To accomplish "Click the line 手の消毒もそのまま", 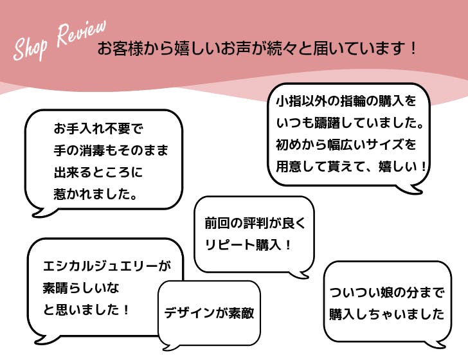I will [111, 150].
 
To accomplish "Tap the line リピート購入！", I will [248, 244].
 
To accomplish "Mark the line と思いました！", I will [87, 309].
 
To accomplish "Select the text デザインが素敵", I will [209, 314].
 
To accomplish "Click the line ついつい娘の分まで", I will [386, 293].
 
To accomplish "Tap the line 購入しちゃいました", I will [386, 314].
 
